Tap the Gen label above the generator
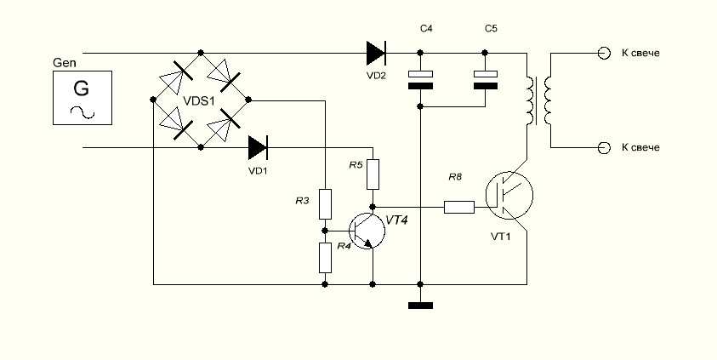pos(65,63)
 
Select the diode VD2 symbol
pos(376,53)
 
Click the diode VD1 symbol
pos(258,148)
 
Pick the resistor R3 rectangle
pos(325,204)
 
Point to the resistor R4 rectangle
pos(325,258)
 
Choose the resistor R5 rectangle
pos(373,174)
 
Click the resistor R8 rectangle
pos(459,207)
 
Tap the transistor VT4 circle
pos(367,231)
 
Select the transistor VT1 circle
pos(509,196)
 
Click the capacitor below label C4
pos(421,80)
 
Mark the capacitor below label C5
pos(485,80)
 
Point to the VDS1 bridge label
pos(199,100)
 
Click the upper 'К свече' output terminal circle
pos(604,54)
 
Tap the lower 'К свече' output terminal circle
pos(604,148)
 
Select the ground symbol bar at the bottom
pos(421,306)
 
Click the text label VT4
pos(396,220)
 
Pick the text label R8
pos(454,177)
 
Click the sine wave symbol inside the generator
pos(83,112)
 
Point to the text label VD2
pos(376,76)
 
